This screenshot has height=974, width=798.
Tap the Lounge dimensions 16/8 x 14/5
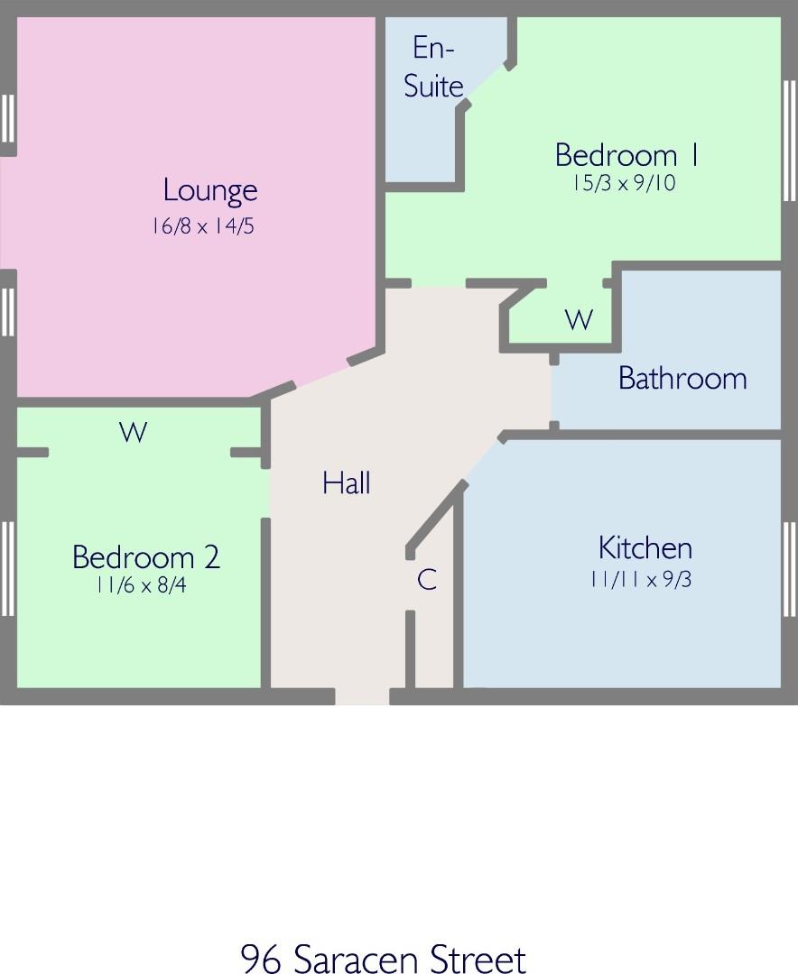pos(203,226)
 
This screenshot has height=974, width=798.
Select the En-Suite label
pos(433,67)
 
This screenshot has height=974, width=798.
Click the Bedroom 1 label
pos(626,155)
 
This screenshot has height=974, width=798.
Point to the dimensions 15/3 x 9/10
pos(624,183)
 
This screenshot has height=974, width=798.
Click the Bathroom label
pos(682,378)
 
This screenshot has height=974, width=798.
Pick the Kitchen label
pos(645,548)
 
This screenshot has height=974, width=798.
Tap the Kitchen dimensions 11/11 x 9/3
pos(641,580)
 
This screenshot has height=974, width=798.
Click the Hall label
pos(347,482)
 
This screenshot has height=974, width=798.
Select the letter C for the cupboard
pos(427,580)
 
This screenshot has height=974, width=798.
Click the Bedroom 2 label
pos(146,556)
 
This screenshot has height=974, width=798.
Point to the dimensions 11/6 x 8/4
pos(141,585)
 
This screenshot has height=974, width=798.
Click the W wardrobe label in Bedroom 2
pos(133,432)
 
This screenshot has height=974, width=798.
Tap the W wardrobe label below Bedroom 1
pos(579,319)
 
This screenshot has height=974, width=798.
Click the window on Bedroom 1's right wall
pos(789,141)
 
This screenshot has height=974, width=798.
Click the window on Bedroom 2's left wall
pos(7,568)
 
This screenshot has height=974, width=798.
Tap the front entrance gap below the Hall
pos(362,696)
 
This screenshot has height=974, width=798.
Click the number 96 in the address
pos(260,958)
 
